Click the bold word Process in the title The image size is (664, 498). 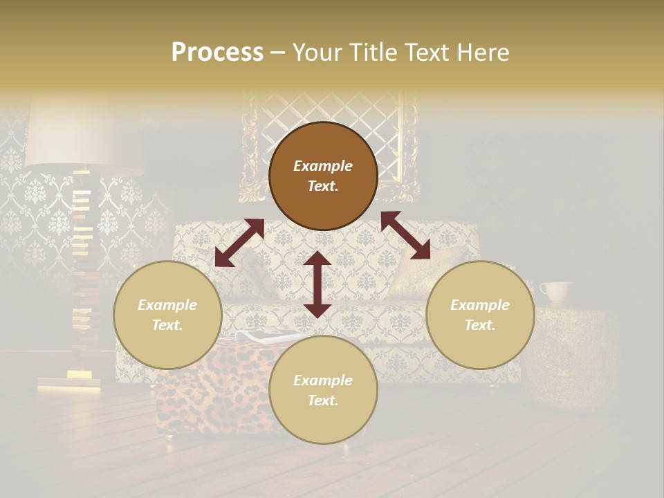coord(217,53)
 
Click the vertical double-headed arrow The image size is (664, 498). coord(317,284)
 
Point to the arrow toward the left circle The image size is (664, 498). coord(239,243)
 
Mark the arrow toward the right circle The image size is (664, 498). coord(406,235)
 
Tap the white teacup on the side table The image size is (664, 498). coord(555,292)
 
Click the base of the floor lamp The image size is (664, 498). coord(69,380)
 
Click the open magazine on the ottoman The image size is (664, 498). coord(266,338)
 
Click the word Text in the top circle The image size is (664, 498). coord(322,186)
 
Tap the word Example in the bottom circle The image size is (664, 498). coord(322,380)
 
